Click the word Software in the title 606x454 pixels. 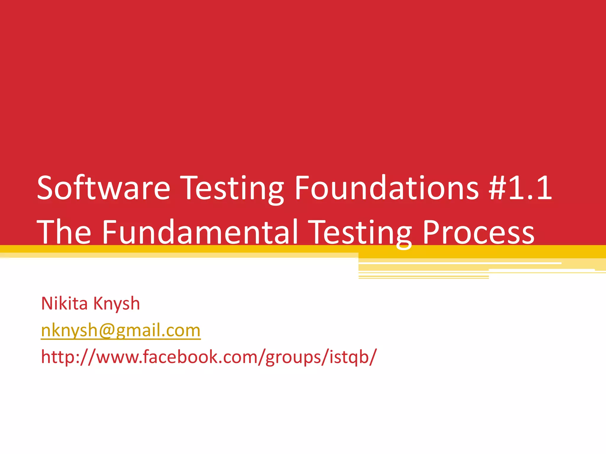pos(104,188)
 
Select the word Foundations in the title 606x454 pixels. pos(386,188)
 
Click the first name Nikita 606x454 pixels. pos(65,304)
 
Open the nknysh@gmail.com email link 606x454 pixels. pos(121,330)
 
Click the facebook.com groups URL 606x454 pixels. pos(209,357)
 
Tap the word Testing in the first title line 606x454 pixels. pos(232,188)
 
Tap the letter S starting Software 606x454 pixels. pos(46,188)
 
